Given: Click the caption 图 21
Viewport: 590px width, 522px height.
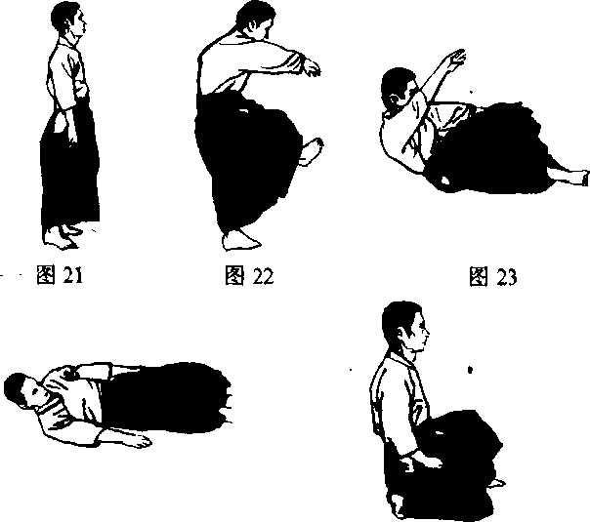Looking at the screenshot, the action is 60,275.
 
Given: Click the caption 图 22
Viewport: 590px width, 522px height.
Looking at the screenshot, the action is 249,275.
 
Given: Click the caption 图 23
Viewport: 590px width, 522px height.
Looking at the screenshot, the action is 493,276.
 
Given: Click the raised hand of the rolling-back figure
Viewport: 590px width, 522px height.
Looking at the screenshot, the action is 456,59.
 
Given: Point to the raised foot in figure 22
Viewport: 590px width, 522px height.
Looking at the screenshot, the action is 312,151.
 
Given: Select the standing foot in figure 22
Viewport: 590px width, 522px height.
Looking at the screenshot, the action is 240,241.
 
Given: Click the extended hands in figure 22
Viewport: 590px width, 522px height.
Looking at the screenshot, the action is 311,67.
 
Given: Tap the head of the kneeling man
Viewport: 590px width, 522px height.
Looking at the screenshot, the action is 404,326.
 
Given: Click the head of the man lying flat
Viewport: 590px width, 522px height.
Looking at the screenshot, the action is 23,391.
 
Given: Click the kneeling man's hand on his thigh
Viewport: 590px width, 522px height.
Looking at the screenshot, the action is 425,462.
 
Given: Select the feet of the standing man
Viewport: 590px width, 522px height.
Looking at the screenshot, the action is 63,237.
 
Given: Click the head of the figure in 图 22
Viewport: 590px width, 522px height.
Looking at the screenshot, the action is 254,20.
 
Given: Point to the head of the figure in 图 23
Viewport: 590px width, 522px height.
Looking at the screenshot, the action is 398,89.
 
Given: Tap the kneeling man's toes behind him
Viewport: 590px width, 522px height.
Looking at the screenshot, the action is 496,483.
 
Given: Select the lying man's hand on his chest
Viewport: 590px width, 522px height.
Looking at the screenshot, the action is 69,374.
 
